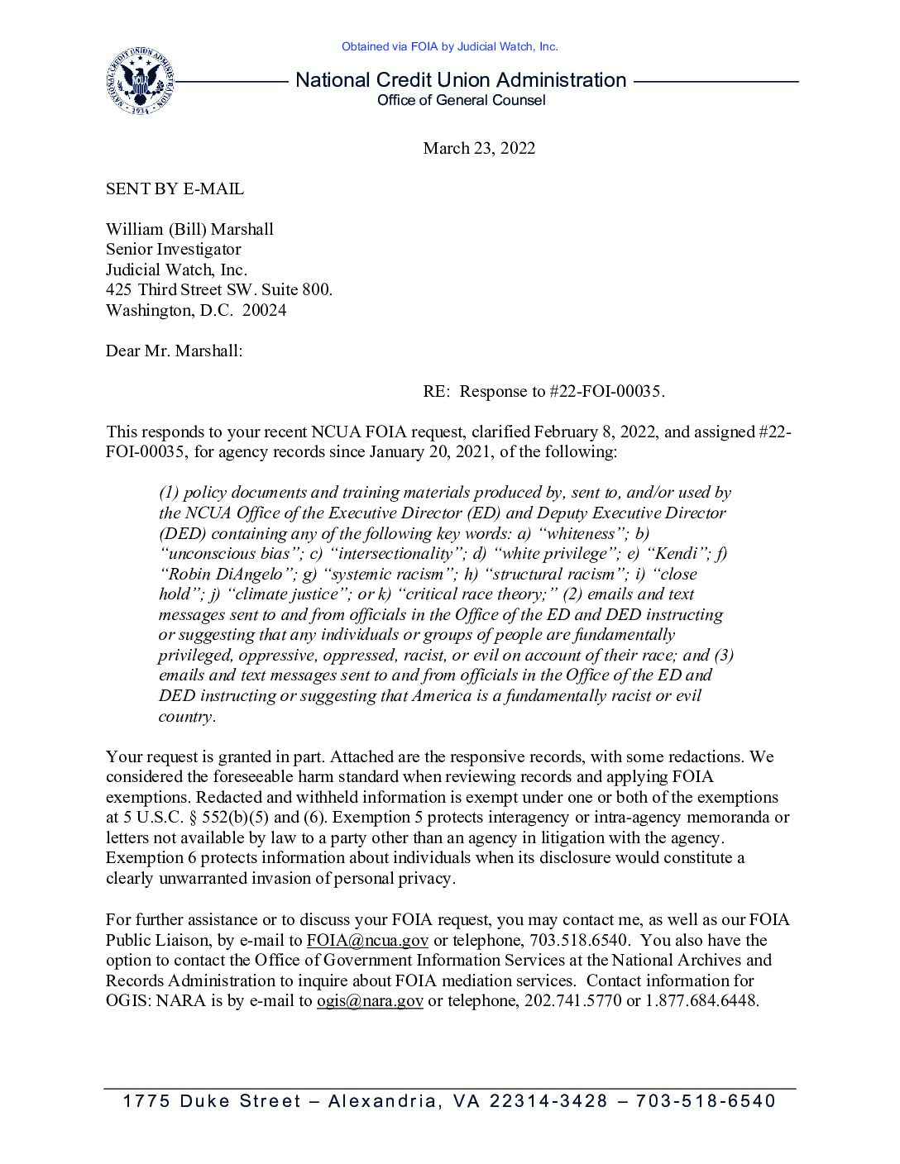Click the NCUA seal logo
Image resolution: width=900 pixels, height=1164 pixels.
click(x=140, y=81)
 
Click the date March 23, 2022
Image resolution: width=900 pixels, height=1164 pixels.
click(x=479, y=148)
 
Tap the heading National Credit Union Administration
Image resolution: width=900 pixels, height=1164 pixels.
click(x=461, y=80)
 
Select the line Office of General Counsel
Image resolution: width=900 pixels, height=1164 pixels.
click(x=461, y=101)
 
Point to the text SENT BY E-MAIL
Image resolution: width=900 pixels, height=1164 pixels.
click(x=175, y=188)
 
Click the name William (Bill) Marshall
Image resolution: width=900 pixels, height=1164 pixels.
click(x=189, y=229)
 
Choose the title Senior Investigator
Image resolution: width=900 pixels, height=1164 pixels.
click(x=173, y=249)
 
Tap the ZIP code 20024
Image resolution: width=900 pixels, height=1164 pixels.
click(x=264, y=310)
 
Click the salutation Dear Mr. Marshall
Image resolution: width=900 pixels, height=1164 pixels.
click(x=174, y=351)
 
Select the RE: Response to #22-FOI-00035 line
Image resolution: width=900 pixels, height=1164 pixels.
click(x=543, y=391)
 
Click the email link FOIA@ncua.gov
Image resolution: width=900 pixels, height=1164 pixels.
click(x=367, y=940)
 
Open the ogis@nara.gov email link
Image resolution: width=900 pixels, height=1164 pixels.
click(x=370, y=1000)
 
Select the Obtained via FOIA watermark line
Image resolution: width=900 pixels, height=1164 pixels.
click(x=449, y=47)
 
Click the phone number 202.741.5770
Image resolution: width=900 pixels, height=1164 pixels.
click(x=573, y=1000)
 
